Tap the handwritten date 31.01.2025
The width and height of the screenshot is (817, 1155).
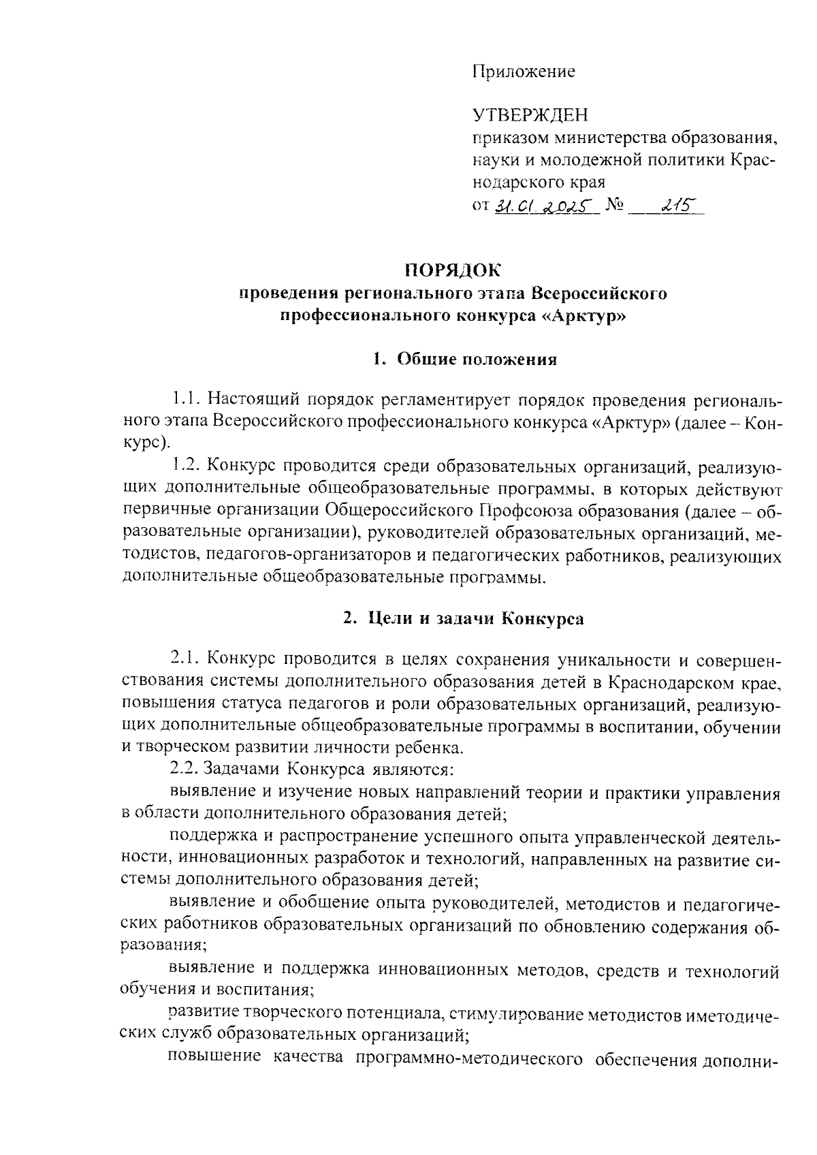pos(543,205)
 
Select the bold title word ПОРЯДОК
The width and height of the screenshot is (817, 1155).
pos(453,271)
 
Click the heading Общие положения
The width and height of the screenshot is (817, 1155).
pos(477,360)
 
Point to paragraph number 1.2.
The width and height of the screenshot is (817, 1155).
pos(185,466)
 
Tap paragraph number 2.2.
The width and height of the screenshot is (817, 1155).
pos(185,770)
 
